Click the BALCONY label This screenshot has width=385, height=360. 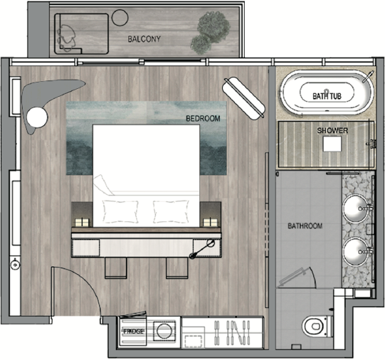pos(144,38)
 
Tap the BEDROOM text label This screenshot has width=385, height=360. pos(203,119)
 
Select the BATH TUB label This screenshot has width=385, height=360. pos(327,96)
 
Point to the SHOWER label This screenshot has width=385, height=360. pos(332,130)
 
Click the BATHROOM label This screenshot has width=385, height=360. pos(305,226)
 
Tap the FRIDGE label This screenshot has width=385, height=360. pos(133,332)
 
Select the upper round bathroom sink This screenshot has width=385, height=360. pos(356,208)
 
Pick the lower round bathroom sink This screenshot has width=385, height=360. pos(356,252)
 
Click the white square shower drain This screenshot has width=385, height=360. pos(332,144)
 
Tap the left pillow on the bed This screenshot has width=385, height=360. pos(120,211)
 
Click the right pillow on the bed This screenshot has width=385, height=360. pos(171,211)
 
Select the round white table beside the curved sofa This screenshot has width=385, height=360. pos(37,117)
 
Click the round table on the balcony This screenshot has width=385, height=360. pos(120,18)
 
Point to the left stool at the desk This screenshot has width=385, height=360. pos(116,268)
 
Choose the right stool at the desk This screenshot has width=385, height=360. pos(177,268)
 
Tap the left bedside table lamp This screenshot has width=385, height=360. pos(82,222)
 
